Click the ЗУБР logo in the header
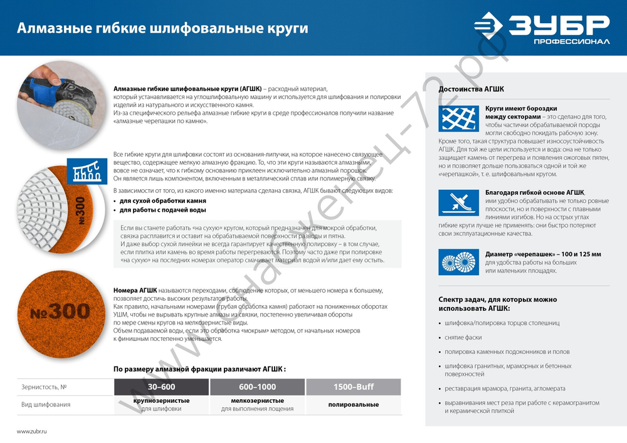coord(540,28)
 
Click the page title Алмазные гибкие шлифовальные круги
coord(162,29)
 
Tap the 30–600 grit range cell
coord(161,387)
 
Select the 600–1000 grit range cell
coord(257,387)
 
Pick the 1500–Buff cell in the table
coord(354,387)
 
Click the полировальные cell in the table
coord(354,405)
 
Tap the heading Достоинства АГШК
coord(471,89)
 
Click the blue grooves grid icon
coord(458,118)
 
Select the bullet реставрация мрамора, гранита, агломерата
coord(505,388)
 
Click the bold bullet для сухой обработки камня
coord(163,201)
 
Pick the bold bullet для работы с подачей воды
coord(162,210)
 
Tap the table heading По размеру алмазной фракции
coord(199,369)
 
